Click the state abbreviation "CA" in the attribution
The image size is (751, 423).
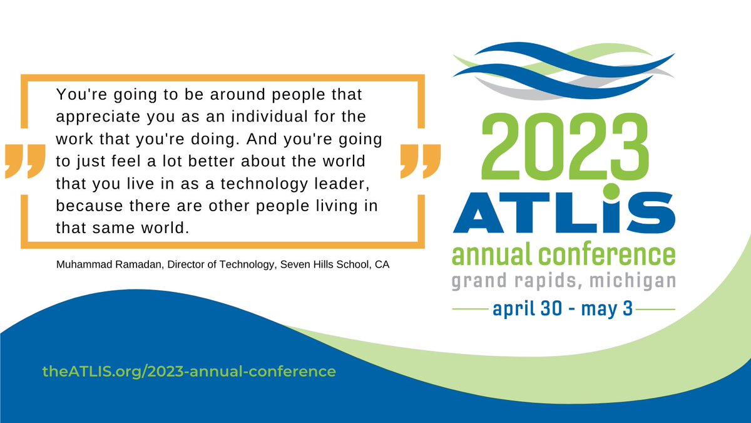pos(382,265)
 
